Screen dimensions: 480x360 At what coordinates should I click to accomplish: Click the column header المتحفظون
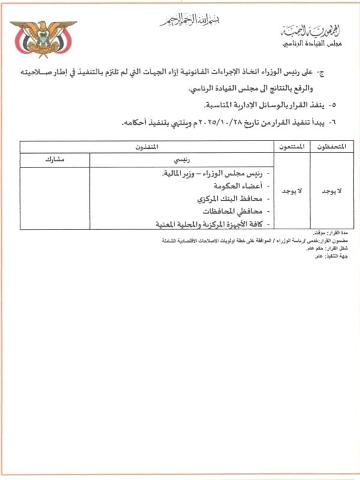331,146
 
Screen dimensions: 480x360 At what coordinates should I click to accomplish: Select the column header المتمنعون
292,146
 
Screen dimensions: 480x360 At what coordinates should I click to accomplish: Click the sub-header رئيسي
181,160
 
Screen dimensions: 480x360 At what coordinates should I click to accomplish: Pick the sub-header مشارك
55,160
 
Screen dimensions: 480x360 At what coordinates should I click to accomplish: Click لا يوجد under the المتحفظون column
331,190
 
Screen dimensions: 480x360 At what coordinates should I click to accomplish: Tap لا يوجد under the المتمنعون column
292,190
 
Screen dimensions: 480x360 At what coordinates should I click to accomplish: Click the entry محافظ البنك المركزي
225,199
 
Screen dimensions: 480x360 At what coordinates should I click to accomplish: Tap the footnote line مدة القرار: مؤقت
333,233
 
